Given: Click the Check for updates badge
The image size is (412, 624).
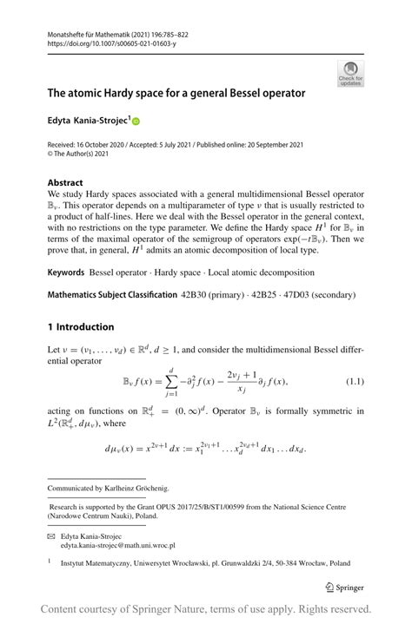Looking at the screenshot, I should click(x=350, y=73).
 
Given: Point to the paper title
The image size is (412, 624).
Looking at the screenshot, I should click(x=176, y=92).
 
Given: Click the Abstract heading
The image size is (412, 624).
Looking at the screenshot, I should click(x=65, y=183).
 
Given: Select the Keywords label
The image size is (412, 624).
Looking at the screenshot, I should click(x=66, y=272).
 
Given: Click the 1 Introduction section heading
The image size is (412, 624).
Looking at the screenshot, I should click(x=81, y=326).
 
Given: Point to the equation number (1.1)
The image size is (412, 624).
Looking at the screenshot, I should click(x=355, y=382).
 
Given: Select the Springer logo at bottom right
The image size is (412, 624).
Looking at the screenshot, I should click(x=343, y=587).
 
